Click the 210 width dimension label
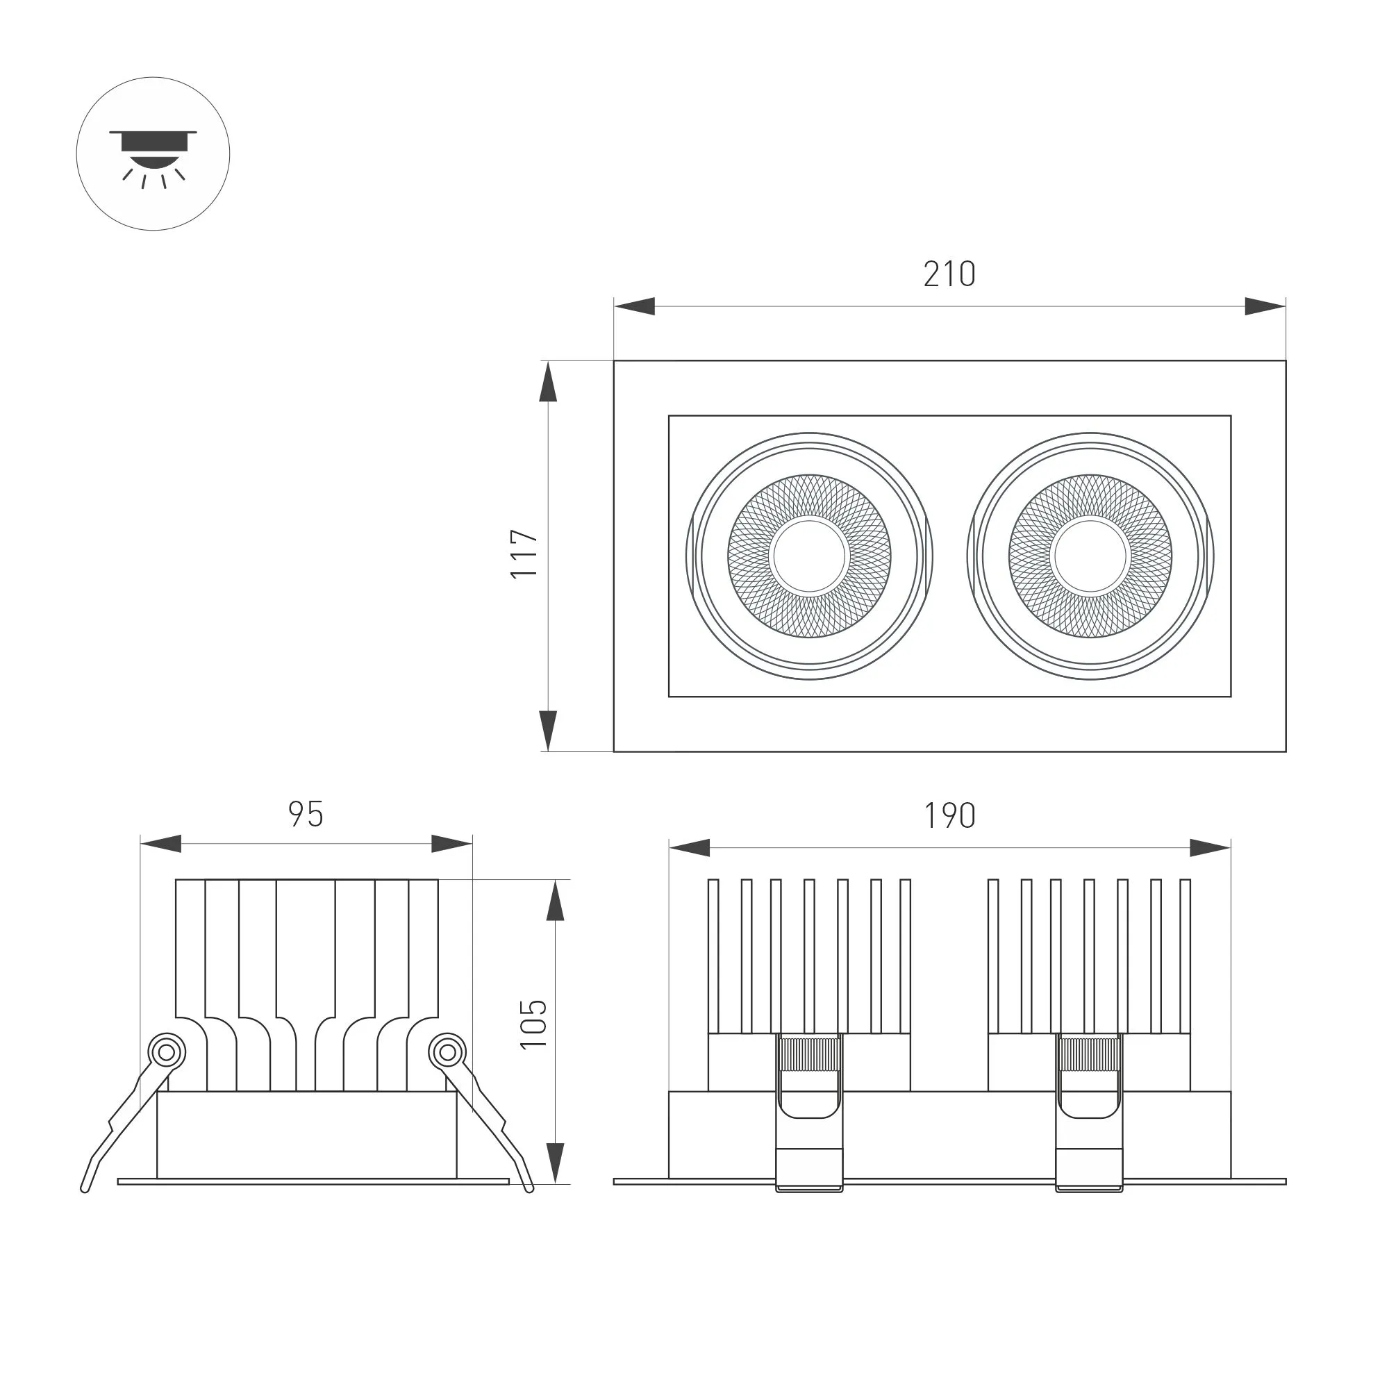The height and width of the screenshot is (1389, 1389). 949,274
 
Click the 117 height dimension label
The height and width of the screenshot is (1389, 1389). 525,554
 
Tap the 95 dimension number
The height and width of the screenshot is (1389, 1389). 306,815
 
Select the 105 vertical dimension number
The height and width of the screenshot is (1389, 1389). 534,1024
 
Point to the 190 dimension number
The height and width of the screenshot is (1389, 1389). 949,816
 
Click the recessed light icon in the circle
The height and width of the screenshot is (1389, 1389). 153,154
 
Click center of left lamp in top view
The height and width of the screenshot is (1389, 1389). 809,556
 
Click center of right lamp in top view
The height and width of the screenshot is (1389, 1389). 1090,556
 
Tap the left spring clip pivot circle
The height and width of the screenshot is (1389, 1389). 166,1054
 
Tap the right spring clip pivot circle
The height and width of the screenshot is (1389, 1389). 447,1054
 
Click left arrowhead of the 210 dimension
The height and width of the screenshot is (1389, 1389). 634,306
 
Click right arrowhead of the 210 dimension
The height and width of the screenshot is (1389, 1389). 1265,306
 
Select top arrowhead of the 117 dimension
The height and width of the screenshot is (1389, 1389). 548,381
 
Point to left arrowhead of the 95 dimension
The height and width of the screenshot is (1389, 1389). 160,844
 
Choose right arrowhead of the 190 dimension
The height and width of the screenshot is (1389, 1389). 1210,847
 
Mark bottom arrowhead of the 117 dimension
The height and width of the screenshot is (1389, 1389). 548,731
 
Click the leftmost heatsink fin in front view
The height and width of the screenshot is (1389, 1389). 713,956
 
